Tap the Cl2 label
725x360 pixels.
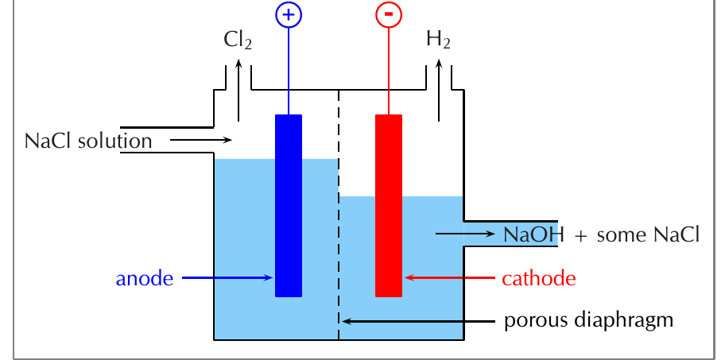click(238, 40)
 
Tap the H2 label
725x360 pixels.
click(438, 40)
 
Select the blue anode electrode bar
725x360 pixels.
click(289, 206)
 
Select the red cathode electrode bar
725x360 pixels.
click(389, 206)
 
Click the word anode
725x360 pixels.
click(144, 279)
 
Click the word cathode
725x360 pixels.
click(539, 279)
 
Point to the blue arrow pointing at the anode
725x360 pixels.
click(227, 277)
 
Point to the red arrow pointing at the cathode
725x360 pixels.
click(450, 277)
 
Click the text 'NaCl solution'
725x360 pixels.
click(88, 141)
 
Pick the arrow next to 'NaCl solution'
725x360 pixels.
click(200, 140)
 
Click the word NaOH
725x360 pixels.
click(533, 234)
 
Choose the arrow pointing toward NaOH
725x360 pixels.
click(465, 234)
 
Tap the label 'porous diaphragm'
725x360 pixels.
click(588, 320)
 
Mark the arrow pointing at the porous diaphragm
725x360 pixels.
click(418, 321)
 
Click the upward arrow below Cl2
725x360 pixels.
click(238, 90)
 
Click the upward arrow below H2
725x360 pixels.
click(439, 90)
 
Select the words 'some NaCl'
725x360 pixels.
click(648, 234)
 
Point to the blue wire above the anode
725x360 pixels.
click(289, 71)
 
